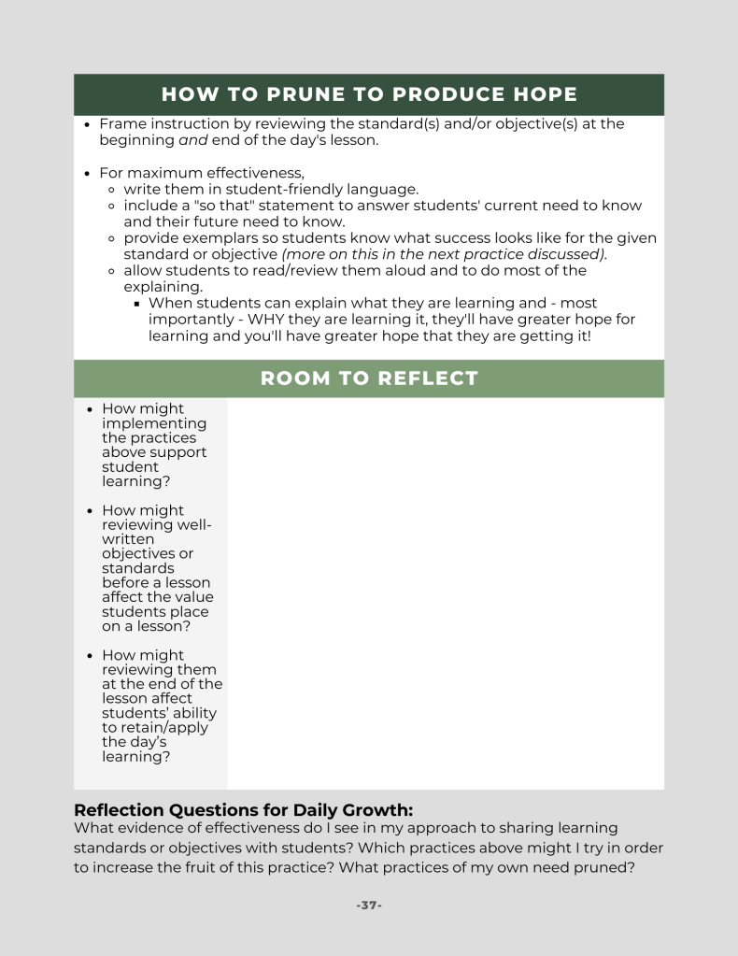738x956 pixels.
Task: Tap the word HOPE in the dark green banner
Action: tap(542, 94)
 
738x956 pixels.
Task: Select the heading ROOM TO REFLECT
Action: tap(369, 378)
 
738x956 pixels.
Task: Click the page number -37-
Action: tap(369, 906)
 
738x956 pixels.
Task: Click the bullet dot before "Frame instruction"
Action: tap(87, 124)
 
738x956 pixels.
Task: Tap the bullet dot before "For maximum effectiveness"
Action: tap(87, 174)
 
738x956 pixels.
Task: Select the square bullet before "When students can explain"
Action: tap(136, 304)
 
